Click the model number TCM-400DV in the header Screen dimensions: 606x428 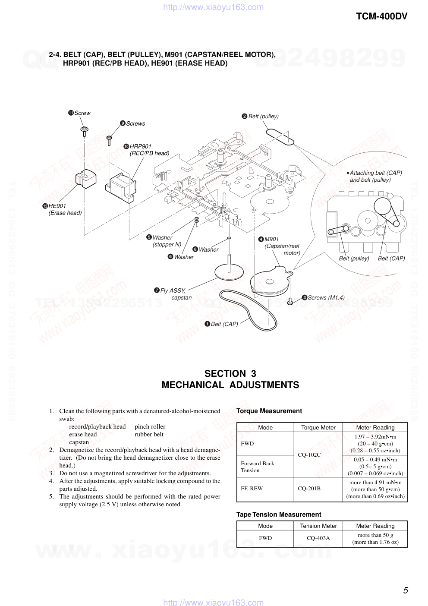click(x=381, y=16)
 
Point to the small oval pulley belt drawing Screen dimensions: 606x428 click(x=280, y=136)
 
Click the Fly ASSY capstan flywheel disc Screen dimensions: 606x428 click(x=229, y=272)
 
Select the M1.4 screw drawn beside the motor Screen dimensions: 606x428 click(x=290, y=301)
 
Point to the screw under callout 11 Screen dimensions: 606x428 click(x=85, y=130)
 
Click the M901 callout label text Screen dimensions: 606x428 click(x=271, y=239)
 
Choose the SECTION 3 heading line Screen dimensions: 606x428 click(x=230, y=373)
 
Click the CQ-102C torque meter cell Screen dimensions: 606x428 click(x=309, y=454)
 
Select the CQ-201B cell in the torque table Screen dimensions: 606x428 click(x=309, y=489)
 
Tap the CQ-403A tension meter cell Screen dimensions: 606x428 click(x=318, y=538)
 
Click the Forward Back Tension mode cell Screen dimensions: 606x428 click(x=258, y=467)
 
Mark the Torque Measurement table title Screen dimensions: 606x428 click(x=269, y=411)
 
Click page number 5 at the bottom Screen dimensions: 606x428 click(x=405, y=590)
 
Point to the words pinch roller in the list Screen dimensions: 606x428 click(x=150, y=426)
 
